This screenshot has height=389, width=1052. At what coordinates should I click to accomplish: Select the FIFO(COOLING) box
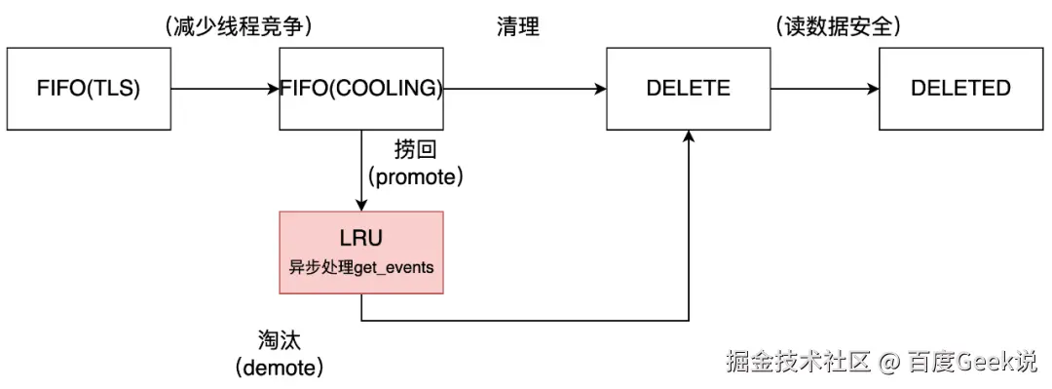(x=361, y=88)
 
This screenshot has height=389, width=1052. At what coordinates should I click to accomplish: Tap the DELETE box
(x=688, y=88)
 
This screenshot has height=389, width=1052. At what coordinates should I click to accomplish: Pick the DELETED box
(x=960, y=88)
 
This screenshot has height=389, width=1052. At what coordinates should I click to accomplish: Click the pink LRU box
(x=361, y=252)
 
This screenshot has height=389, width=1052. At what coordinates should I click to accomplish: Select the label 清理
(x=517, y=27)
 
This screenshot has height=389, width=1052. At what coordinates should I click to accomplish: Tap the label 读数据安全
(x=838, y=27)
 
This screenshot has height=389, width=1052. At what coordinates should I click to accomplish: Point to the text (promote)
(x=414, y=177)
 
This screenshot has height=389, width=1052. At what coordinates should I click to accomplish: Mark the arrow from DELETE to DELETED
(x=823, y=89)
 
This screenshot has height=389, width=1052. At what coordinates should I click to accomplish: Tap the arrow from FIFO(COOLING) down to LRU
(x=361, y=170)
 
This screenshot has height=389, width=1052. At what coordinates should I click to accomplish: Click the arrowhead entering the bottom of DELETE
(x=689, y=138)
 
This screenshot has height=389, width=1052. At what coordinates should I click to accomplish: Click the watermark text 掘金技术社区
(x=797, y=363)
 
